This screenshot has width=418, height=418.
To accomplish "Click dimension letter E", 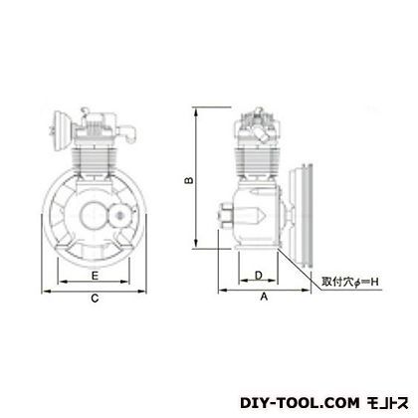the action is pyautogui.click(x=95, y=276).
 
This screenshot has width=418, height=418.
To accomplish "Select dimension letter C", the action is pyautogui.click(x=95, y=299).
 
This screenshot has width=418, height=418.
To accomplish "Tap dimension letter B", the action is pyautogui.click(x=189, y=180).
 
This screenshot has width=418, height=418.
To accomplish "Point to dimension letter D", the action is pyautogui.click(x=259, y=275).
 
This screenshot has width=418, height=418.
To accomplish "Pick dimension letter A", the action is pyautogui.click(x=264, y=297).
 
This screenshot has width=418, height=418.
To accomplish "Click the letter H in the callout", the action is pyautogui.click(x=374, y=282).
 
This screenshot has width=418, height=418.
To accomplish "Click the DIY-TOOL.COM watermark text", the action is pyautogui.click(x=300, y=403).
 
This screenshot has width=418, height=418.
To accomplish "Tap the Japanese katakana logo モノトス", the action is pyautogui.click(x=387, y=403).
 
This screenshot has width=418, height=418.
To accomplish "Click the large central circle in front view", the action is pyautogui.click(x=94, y=215).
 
